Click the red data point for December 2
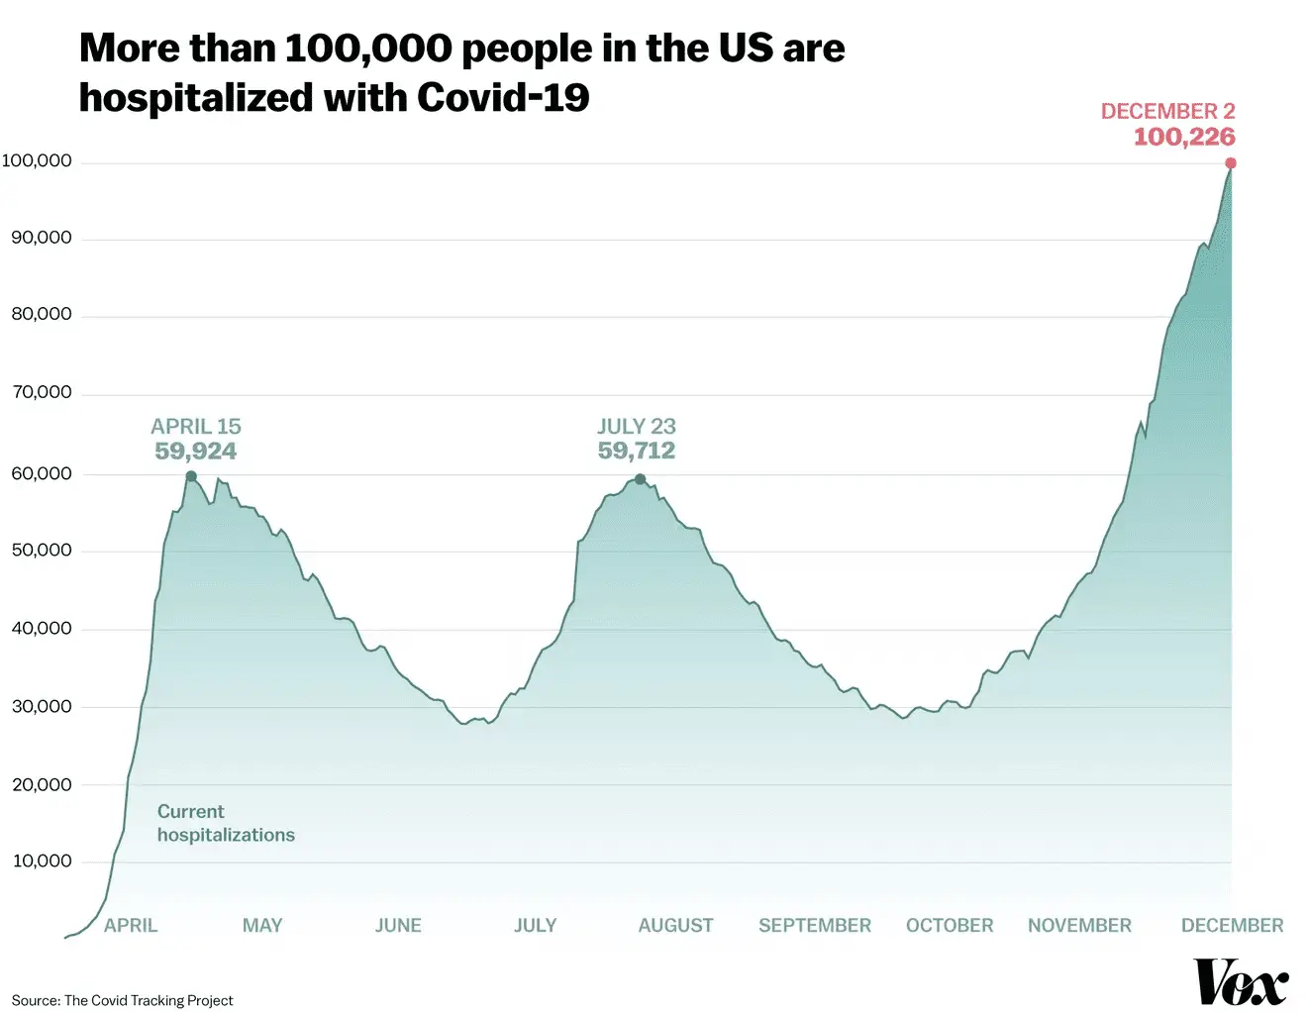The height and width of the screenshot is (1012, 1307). point(1231,163)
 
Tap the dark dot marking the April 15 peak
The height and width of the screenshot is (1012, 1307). point(191,476)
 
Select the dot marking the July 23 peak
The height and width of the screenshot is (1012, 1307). point(640,479)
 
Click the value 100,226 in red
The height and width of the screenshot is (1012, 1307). point(1184,137)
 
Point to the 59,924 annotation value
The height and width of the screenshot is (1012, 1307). point(195,452)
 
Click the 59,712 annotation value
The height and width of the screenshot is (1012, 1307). point(636,451)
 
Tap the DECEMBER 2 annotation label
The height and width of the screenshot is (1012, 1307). point(1167,111)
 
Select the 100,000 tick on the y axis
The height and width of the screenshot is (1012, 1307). point(37,161)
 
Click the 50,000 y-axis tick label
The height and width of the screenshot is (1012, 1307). point(42,551)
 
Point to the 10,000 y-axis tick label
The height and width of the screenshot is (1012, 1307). point(42,861)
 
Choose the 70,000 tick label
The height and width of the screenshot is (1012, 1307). point(42,393)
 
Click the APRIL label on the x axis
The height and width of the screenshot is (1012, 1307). point(131,926)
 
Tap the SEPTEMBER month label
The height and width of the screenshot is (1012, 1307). point(814,926)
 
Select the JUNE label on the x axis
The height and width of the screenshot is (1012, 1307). point(398,926)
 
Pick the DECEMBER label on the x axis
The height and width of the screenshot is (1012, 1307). point(1232,926)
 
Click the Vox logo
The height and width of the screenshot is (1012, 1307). point(1241,982)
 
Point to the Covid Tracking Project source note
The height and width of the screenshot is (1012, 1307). point(123,1000)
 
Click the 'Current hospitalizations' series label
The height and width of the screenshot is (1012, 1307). point(226,823)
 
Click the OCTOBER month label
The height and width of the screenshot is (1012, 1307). point(949,926)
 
